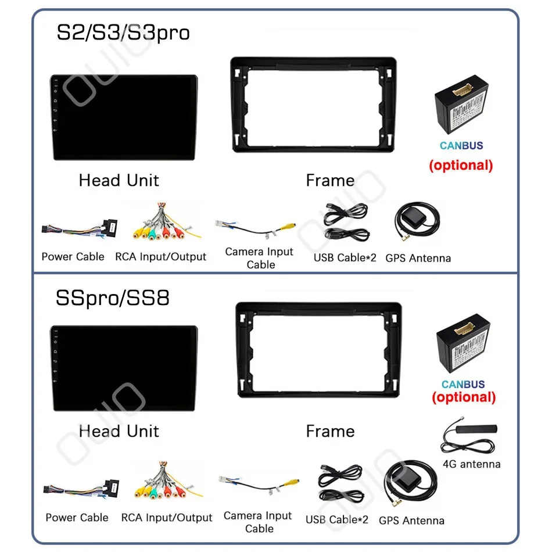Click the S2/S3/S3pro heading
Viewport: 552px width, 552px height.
pyautogui.click(x=123, y=33)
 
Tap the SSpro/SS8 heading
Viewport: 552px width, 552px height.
pyautogui.click(x=113, y=299)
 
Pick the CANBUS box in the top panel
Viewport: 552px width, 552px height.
pyautogui.click(x=461, y=110)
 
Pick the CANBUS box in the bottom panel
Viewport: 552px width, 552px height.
pyautogui.click(x=463, y=347)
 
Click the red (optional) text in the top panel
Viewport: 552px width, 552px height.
pyautogui.click(x=461, y=165)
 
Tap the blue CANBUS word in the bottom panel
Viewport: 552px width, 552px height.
pyautogui.click(x=463, y=384)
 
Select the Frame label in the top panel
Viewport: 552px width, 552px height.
pyautogui.click(x=330, y=181)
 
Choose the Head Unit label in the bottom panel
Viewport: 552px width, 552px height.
pyautogui.click(x=119, y=431)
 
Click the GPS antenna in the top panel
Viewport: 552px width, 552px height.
pyautogui.click(x=417, y=224)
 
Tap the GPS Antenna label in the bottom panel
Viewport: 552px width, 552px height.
pyautogui.click(x=411, y=521)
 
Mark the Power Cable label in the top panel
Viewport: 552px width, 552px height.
pyautogui.click(x=73, y=257)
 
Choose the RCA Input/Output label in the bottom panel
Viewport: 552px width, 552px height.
pyautogui.click(x=167, y=517)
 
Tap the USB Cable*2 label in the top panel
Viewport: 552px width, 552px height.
pyautogui.click(x=345, y=257)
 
